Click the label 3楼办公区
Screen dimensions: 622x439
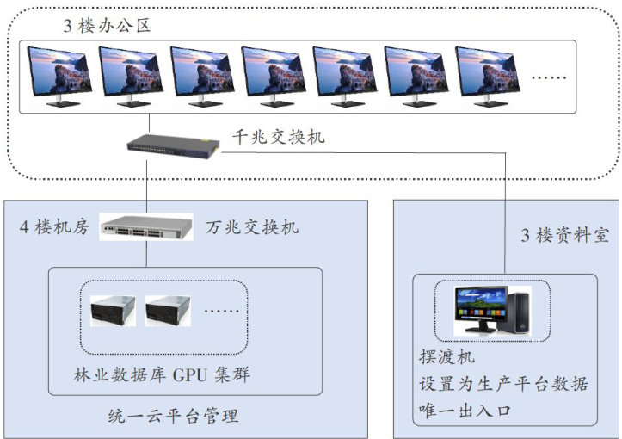pos(108,25)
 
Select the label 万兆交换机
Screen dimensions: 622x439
pos(252,227)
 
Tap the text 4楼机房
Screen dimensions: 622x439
pos(54,227)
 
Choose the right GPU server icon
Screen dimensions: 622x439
pos(168,312)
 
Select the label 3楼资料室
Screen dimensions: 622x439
pos(564,234)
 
